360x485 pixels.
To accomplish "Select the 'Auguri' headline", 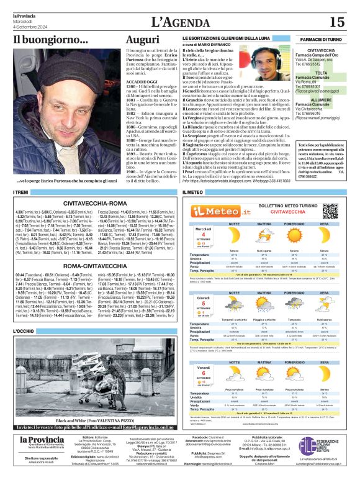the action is [142, 39].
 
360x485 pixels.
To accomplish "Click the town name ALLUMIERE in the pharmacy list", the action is [322, 99].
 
